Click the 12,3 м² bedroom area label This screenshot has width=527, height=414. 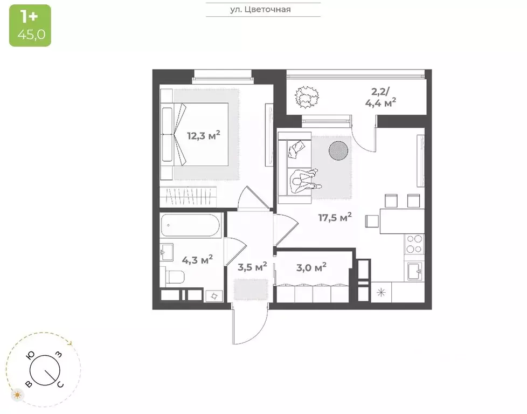tap(204, 135)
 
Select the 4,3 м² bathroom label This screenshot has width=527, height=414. tap(197, 259)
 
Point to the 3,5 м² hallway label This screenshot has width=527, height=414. tap(252, 267)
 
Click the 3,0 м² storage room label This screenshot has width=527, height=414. tap(311, 268)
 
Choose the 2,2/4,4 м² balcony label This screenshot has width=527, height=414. tap(380, 97)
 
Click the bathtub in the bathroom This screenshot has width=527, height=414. tap(190, 225)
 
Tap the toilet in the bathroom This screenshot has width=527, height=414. tap(175, 277)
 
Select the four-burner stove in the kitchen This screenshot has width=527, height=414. tap(414, 244)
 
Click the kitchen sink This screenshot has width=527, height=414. tap(415, 271)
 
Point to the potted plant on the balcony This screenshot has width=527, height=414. tap(306, 97)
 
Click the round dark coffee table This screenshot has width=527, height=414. tap(338, 150)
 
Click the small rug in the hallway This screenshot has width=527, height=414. tap(251, 289)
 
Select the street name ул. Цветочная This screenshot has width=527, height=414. tap(260, 9)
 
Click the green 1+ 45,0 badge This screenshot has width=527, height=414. tap(30, 25)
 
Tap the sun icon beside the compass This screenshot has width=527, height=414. tap(17, 395)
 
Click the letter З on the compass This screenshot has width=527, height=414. tap(59, 354)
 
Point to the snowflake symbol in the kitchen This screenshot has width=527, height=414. tap(381, 292)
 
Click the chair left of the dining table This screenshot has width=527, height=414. tap(372, 222)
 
